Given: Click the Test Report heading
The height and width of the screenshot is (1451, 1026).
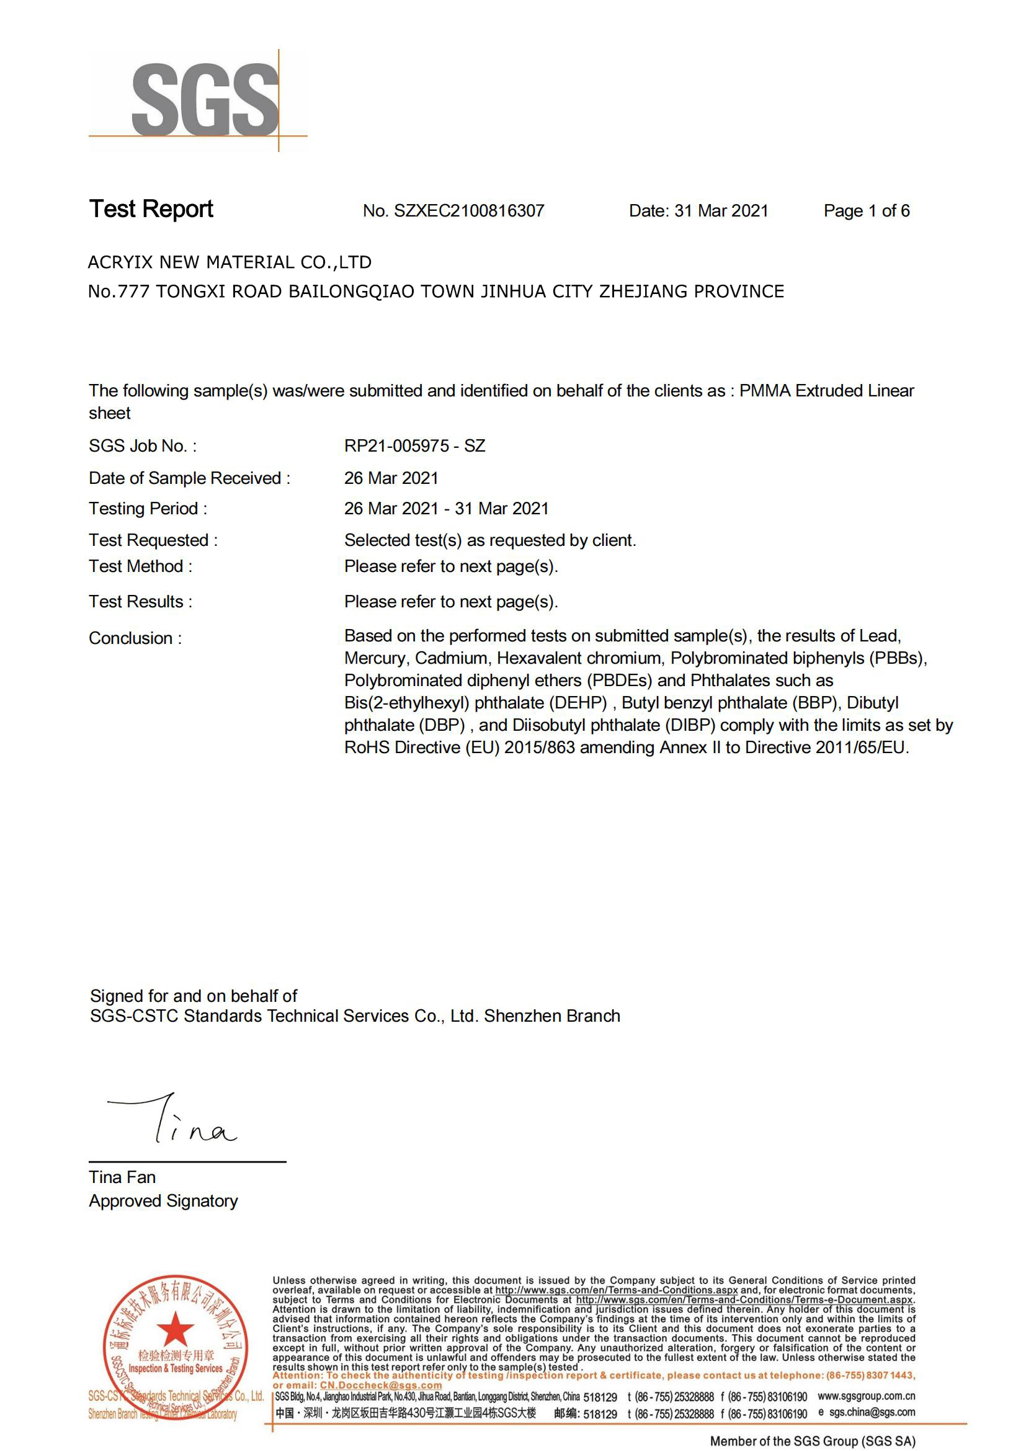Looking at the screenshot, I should (151, 209).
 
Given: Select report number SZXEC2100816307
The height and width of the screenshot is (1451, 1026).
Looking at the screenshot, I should (469, 211).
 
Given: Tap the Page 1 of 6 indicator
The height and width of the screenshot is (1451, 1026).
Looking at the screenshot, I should (866, 211).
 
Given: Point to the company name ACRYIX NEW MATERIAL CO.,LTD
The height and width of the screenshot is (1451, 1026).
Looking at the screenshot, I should (230, 262).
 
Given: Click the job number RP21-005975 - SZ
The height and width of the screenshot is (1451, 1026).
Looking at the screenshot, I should (414, 446).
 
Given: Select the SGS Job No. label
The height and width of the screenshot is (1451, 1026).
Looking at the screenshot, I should (143, 446).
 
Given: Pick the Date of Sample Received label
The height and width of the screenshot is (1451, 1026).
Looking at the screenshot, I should (190, 478).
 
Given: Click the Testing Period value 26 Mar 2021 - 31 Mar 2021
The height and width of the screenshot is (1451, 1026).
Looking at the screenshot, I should (446, 509).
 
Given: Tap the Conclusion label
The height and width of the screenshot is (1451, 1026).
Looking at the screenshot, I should (135, 638).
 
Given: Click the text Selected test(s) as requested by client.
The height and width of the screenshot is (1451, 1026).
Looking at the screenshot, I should (489, 540).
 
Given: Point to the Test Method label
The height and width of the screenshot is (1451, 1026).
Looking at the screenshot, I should (140, 566).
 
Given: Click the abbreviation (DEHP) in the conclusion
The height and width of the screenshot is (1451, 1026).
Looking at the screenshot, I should (580, 703).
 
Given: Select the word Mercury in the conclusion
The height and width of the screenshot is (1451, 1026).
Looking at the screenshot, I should (375, 659).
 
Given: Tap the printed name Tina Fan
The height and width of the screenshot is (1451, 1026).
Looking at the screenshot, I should (122, 1177).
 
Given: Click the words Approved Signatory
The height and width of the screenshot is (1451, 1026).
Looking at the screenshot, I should (163, 1201).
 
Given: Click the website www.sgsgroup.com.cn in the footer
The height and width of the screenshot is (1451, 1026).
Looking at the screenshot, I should (866, 1396).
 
